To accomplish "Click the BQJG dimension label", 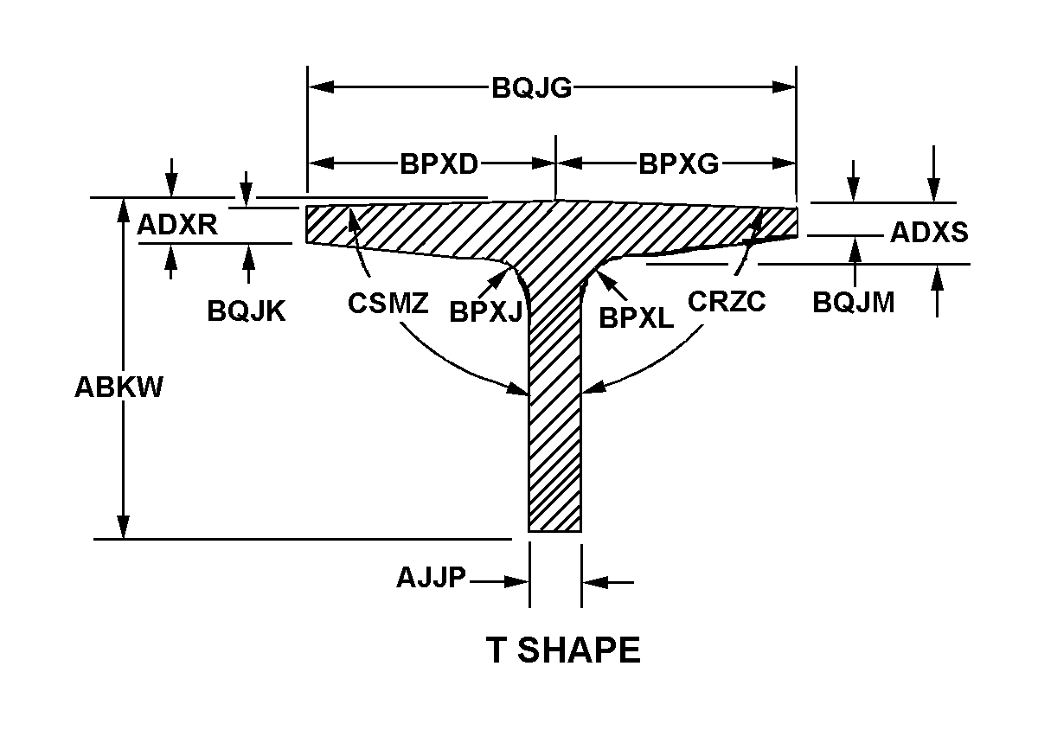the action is (531, 87).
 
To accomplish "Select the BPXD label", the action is (439, 164).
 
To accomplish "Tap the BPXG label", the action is (679, 164).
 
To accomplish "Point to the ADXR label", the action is (177, 225).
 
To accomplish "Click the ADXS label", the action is (929, 232).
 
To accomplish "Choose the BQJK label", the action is (246, 311).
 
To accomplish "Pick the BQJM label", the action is (854, 303).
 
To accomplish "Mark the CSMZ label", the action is (388, 304).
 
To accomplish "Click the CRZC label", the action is (727, 302).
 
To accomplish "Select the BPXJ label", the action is (486, 311).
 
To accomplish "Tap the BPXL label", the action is (637, 318).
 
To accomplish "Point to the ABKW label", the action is (119, 387).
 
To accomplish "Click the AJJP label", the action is (431, 578).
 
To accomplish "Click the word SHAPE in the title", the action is (579, 650).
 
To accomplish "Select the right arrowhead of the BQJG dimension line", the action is (784, 86).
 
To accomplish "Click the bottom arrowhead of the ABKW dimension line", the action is (123, 527).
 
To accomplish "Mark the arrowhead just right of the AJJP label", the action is (516, 582).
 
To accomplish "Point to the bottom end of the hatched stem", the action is (555, 531).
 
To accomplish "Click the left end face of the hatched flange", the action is (306, 224).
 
